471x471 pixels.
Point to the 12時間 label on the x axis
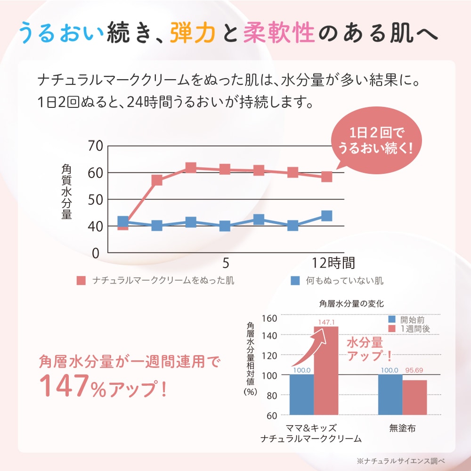pos(333,262)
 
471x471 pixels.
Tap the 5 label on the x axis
pos(226,262)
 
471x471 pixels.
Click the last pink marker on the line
pos(326,177)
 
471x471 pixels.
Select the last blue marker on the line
pos(326,216)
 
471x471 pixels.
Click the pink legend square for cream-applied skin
pos(81,281)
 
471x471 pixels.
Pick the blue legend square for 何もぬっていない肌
pos(295,281)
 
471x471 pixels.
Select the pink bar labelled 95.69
pos(415,398)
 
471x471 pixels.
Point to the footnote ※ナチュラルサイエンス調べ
pos(400,461)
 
